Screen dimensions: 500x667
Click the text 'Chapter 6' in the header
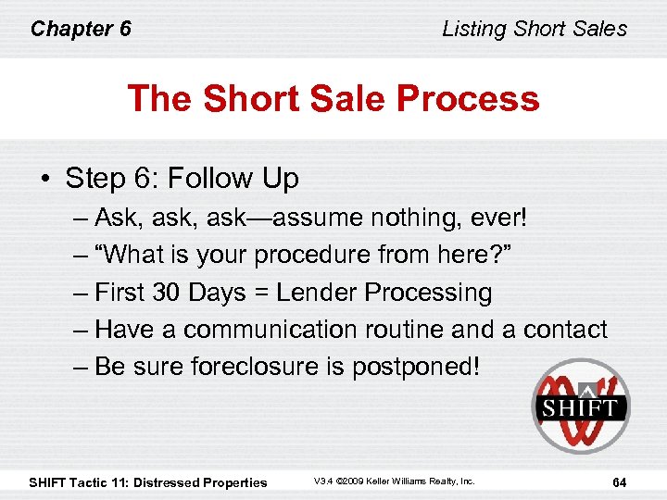pyautogui.click(x=81, y=29)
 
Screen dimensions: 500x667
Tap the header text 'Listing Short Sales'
pyautogui.click(x=535, y=29)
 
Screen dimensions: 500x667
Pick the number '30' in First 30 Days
pyautogui.click(x=167, y=293)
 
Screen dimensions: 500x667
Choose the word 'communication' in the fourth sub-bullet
pyautogui.click(x=270, y=330)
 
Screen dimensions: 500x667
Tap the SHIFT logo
pyautogui.click(x=580, y=406)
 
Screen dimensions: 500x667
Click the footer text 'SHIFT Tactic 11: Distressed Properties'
pyautogui.click(x=148, y=481)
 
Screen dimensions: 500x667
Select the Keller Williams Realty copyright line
pyautogui.click(x=394, y=481)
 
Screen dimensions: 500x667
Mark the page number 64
pyautogui.click(x=619, y=481)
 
